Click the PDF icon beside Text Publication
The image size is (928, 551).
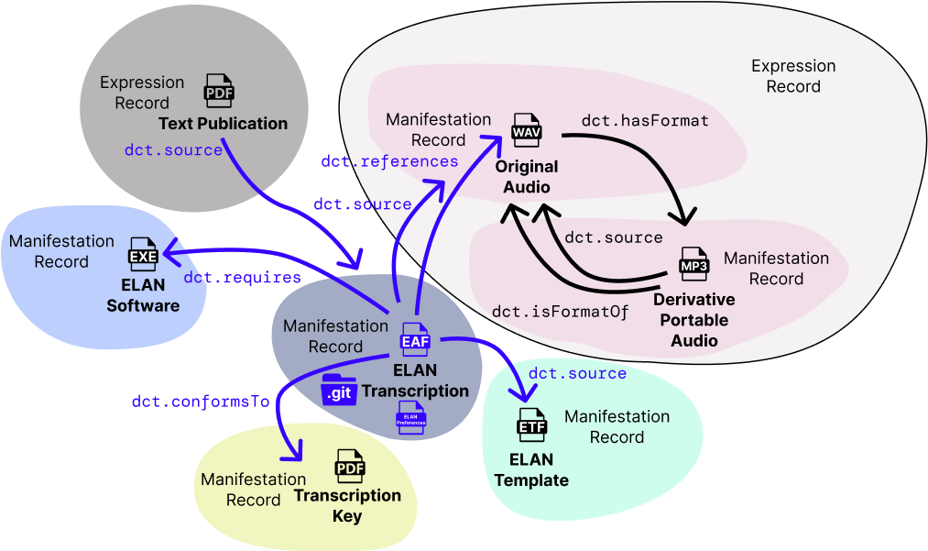tap(219, 92)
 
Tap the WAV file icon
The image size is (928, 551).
tap(527, 132)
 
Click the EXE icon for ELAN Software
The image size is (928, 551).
tap(143, 255)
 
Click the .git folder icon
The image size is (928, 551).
tap(338, 391)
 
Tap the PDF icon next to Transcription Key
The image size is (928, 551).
tap(350, 468)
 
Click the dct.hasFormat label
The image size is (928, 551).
tap(645, 120)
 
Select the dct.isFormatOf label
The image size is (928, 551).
tap(560, 311)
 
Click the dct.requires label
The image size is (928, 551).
tap(242, 277)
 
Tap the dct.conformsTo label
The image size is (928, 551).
tap(201, 401)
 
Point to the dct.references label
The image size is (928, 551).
tap(389, 161)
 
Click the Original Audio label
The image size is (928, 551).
tap(527, 177)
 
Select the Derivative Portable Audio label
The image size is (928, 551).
tap(693, 320)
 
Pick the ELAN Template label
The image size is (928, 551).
tap(531, 470)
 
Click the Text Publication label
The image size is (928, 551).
tap(223, 124)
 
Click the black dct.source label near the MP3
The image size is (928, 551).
tap(613, 237)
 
